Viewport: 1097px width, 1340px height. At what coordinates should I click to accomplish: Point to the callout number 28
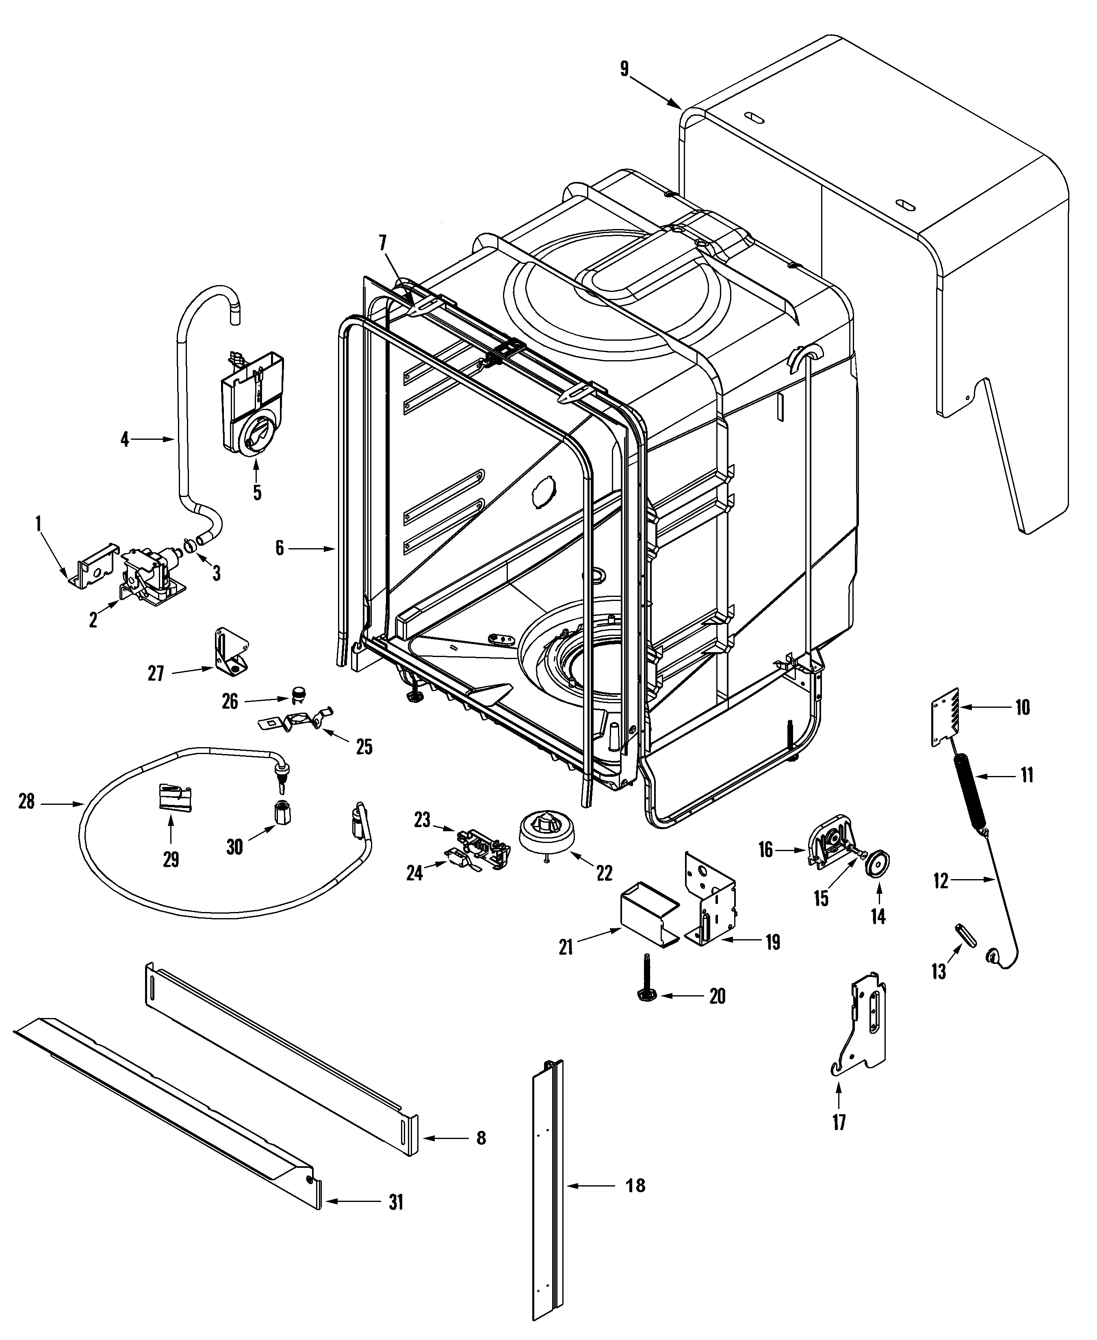[x=26, y=803]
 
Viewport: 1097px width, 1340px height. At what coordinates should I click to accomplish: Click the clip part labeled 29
[x=174, y=798]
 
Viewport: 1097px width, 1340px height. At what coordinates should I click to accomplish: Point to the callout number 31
[x=396, y=1202]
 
